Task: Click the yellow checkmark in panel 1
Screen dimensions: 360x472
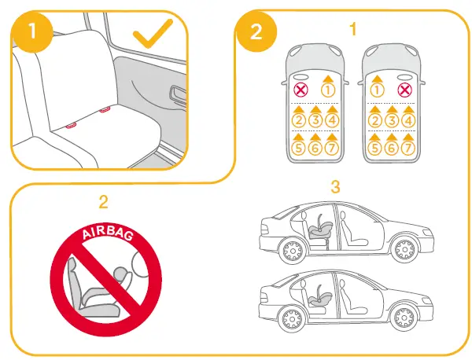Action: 156,36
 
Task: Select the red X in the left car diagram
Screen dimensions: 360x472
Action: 299,90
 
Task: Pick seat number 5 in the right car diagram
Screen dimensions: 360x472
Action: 375,147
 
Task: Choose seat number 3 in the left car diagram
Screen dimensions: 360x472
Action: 315,120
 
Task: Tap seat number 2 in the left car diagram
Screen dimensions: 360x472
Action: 299,120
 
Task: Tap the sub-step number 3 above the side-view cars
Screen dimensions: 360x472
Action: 334,188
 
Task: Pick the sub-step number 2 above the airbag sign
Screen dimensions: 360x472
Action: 103,201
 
